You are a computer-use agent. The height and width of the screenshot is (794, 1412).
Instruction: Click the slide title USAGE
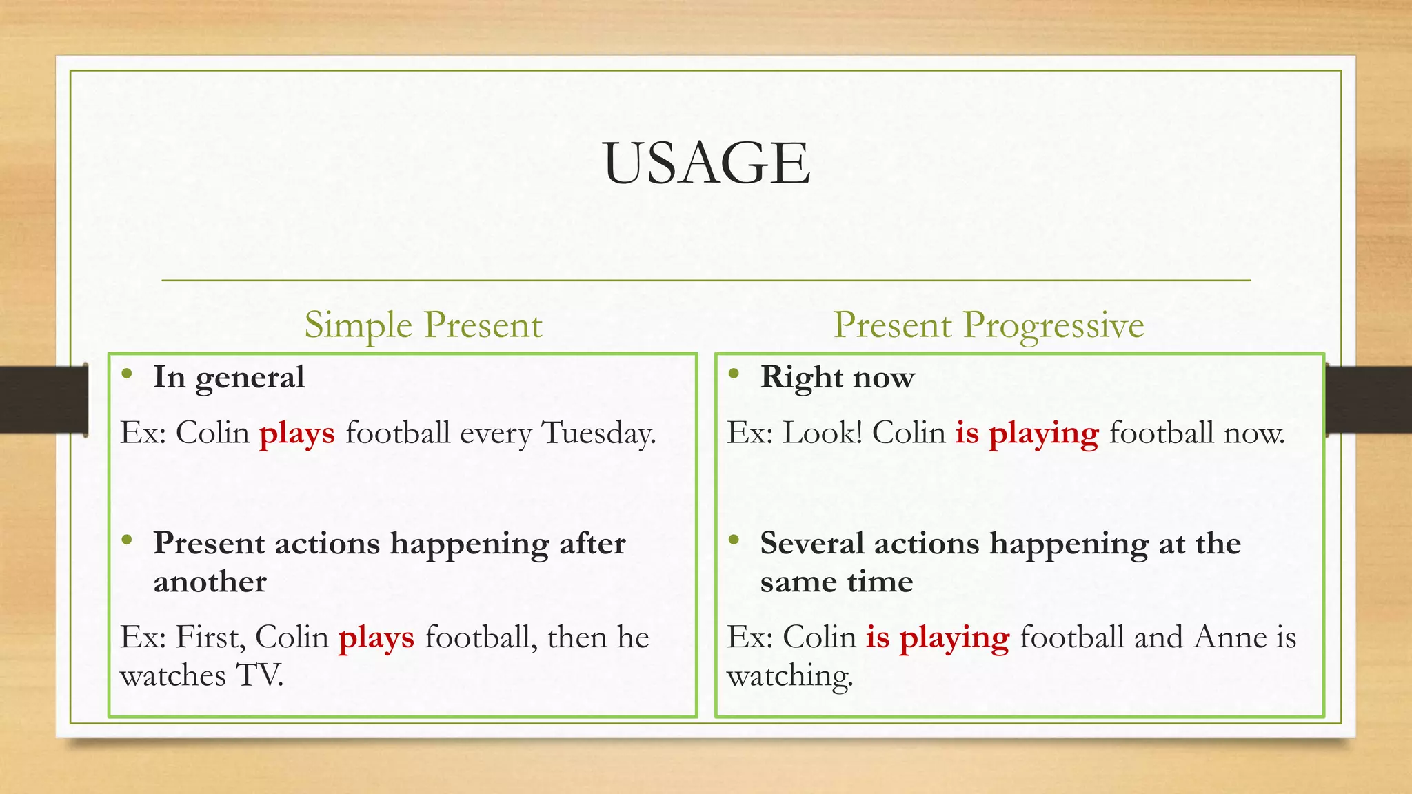706,163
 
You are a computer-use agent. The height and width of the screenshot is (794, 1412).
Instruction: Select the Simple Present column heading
423,325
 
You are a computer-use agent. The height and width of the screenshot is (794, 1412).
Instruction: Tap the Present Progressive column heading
988,325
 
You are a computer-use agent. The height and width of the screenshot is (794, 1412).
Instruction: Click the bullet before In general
126,374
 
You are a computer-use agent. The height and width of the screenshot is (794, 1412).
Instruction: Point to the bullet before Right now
734,374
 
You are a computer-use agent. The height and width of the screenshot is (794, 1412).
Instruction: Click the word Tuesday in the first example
598,434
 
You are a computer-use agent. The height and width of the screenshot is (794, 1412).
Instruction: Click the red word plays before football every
297,434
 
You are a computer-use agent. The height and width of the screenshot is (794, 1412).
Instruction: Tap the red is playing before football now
1027,434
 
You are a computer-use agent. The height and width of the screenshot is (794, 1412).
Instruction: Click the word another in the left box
210,582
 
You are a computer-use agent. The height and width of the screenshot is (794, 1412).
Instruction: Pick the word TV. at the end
260,675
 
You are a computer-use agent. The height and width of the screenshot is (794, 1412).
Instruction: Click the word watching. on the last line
790,675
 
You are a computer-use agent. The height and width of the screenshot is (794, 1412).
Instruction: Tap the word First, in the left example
211,638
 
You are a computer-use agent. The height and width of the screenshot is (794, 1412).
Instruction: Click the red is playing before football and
938,638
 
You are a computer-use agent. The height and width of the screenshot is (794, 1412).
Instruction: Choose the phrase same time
836,582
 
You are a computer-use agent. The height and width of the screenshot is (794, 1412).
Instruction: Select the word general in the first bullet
250,378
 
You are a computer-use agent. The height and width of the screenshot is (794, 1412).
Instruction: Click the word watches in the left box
172,675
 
